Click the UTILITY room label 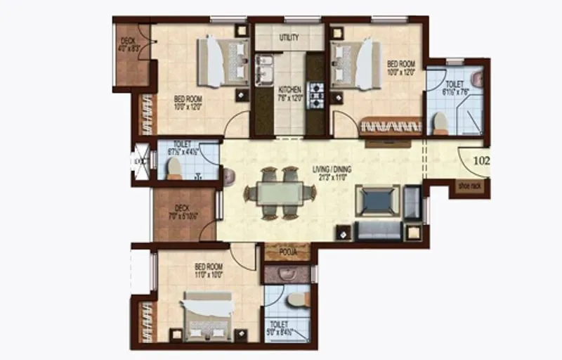pos(289,37)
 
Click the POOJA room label pos(286,251)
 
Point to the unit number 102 pos(481,161)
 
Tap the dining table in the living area pos(280,192)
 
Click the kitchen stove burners pos(317,91)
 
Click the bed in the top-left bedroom pos(223,62)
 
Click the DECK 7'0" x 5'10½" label pos(182,212)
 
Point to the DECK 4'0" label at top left pos(128,45)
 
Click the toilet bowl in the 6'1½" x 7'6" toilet pos(440,122)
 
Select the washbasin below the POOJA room pos(287,274)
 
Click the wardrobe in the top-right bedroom pos(391,127)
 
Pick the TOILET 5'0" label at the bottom pos(287,327)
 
